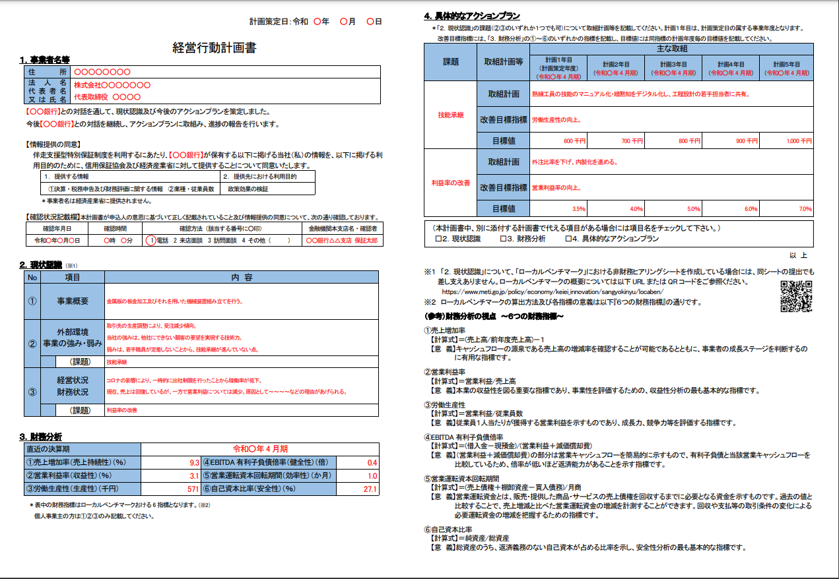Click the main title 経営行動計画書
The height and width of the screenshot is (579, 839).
[x=214, y=47]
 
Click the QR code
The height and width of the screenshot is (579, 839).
[x=795, y=295]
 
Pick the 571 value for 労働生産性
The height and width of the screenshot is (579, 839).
[x=193, y=489]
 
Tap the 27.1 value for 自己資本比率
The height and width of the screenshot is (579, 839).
[x=370, y=489]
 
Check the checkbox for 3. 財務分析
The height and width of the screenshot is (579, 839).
[x=502, y=239]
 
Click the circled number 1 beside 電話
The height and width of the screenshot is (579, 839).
[x=151, y=241]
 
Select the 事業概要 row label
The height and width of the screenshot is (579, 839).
[x=73, y=301]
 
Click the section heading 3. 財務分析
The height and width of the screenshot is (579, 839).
[x=41, y=436]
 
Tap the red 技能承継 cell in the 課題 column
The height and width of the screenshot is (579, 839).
[x=451, y=115]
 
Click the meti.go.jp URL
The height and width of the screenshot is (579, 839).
[x=552, y=291]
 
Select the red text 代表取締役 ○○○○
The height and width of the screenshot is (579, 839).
[x=108, y=96]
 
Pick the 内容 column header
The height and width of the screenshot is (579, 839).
[x=242, y=278]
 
